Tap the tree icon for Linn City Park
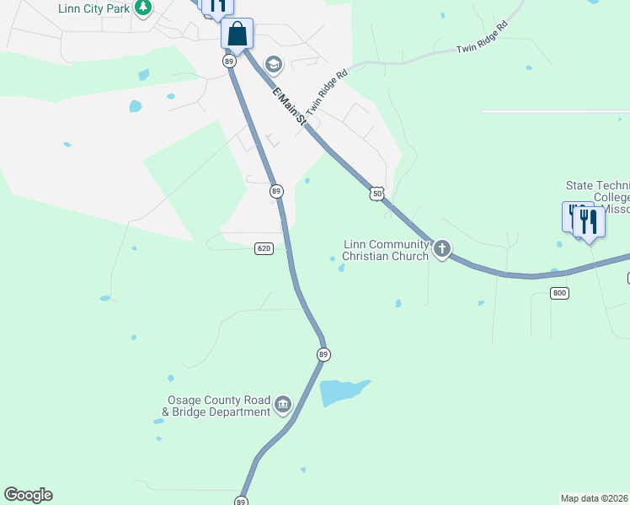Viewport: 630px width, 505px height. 143,8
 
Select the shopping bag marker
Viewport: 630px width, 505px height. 238,35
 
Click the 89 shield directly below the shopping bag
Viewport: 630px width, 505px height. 228,61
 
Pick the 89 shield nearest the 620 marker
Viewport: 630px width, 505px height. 276,192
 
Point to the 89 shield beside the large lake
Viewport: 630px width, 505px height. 323,354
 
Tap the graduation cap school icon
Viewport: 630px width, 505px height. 273,64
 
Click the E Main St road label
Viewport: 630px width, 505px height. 289,108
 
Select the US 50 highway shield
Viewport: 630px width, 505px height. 376,194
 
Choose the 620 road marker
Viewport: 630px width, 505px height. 264,248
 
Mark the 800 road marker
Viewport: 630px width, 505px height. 560,293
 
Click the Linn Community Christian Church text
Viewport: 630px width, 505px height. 386,250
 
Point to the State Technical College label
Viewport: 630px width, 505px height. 597,197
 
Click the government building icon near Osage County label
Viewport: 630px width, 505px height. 283,406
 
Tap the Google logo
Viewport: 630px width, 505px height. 28,495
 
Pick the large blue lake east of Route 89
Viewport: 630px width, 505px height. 342,391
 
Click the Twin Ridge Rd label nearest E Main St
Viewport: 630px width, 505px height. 328,93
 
